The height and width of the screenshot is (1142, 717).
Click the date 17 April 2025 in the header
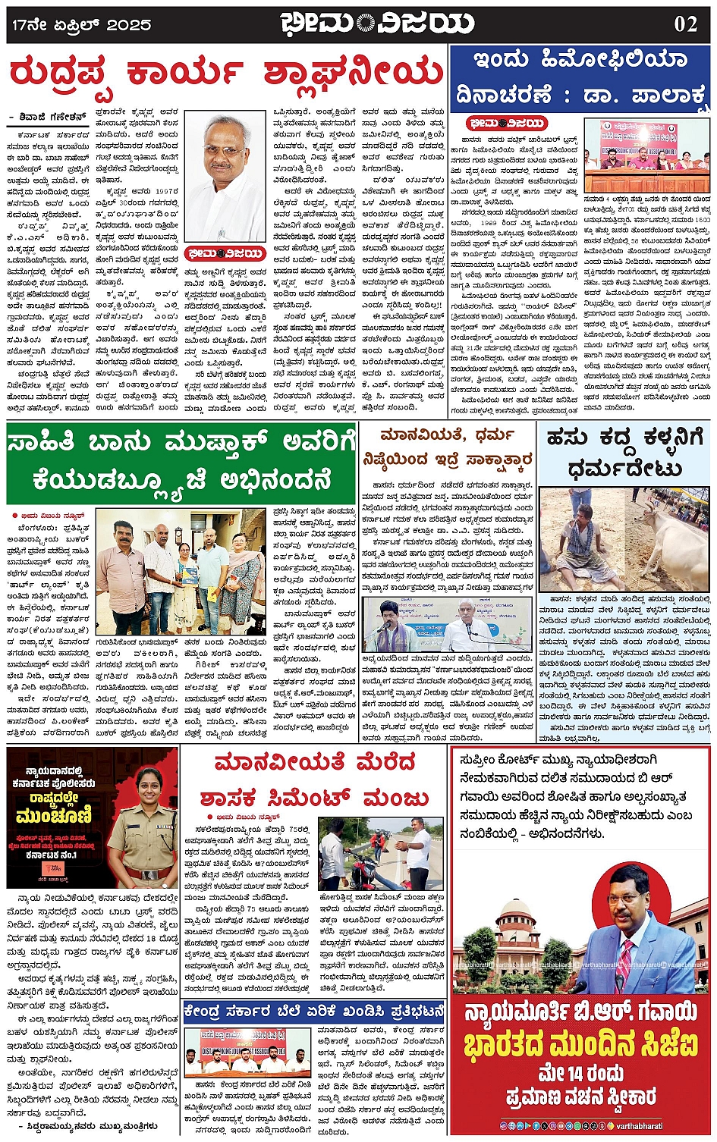[81, 24]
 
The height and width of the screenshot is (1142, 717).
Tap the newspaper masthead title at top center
[376, 24]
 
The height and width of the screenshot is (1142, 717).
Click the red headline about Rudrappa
[225, 74]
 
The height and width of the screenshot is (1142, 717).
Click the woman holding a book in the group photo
[186, 570]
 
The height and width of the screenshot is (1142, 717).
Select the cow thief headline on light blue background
[624, 453]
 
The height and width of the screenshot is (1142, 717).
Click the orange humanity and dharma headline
[448, 447]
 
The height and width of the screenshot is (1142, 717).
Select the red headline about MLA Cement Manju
[314, 780]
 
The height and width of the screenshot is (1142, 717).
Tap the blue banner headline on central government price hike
[313, 1012]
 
